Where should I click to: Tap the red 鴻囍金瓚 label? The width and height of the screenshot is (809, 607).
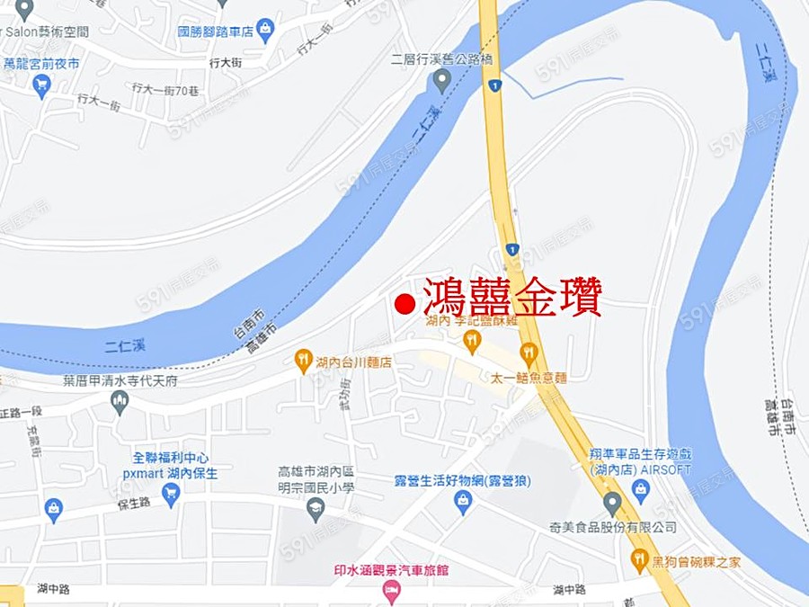point(511,298)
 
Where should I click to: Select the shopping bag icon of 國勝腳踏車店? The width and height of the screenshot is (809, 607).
point(265,31)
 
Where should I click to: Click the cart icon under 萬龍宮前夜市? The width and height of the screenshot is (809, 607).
point(41,85)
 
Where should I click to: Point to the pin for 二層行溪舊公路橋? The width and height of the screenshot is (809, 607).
point(440,83)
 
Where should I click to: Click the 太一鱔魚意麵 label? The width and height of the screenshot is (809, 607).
point(529,378)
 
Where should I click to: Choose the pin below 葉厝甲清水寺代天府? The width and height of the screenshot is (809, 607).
point(120,402)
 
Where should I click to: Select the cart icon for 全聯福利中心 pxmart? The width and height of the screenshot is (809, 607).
point(171,493)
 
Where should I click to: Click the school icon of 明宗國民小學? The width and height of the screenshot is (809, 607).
point(316,510)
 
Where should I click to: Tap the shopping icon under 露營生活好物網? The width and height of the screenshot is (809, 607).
point(463,502)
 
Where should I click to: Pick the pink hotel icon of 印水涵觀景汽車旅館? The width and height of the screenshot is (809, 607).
point(391,591)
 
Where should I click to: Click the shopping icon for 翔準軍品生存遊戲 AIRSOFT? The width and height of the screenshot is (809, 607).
point(640,490)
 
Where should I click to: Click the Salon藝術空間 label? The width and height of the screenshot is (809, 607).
point(45,31)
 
